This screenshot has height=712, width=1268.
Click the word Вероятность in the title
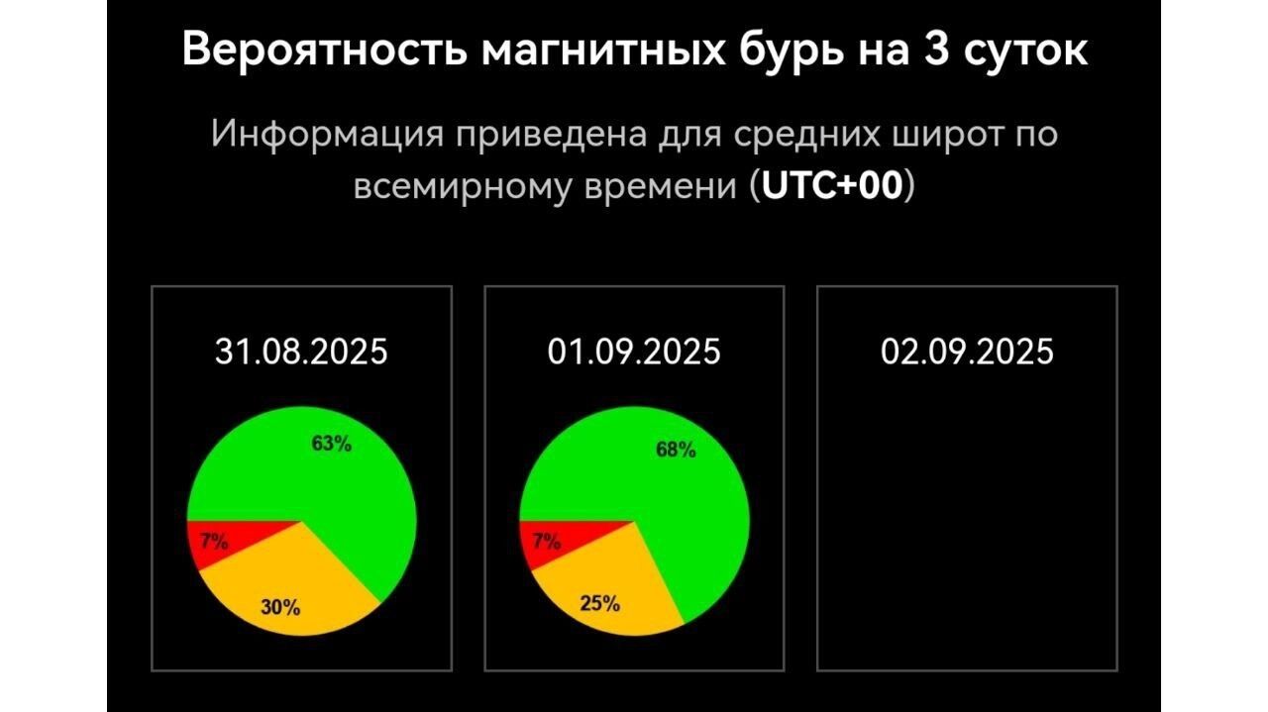(324, 51)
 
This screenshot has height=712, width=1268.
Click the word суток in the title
(1025, 53)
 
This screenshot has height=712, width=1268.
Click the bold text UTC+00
(831, 185)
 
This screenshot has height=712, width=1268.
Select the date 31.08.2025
(301, 352)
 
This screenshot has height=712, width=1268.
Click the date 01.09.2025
(634, 352)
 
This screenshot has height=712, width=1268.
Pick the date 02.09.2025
(967, 352)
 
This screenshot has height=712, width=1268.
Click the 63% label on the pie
(332, 444)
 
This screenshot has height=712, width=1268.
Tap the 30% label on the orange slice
(280, 607)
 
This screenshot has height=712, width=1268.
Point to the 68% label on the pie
(676, 450)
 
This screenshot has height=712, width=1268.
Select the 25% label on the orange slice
(600, 603)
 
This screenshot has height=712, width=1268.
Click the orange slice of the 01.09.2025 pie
(614, 588)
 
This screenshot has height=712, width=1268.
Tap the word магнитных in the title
(603, 51)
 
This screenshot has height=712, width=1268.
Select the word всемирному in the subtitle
(463, 187)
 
